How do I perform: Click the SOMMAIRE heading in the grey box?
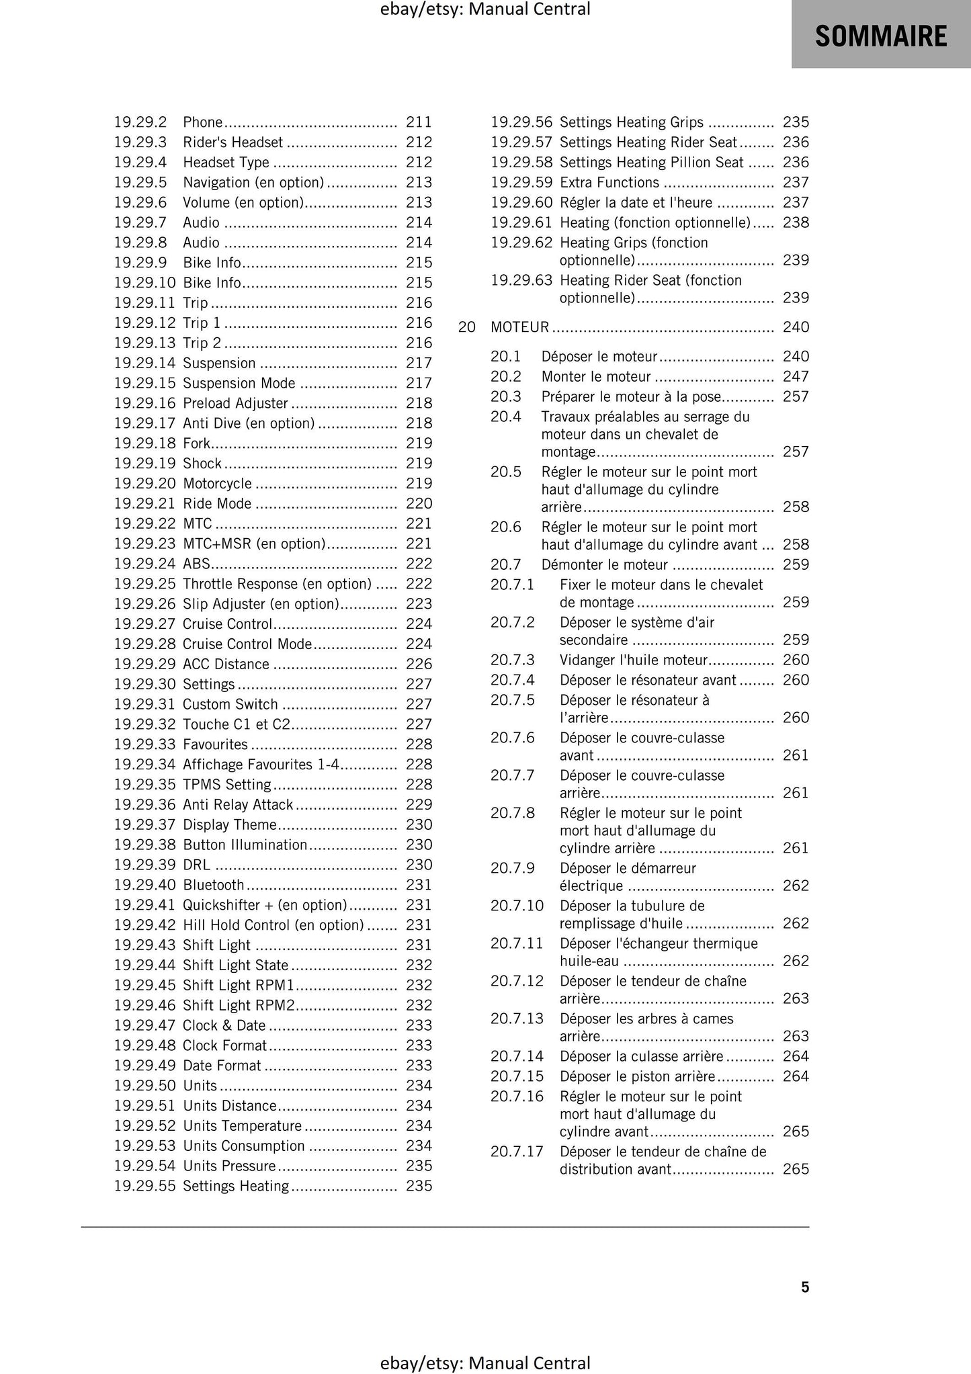tap(880, 35)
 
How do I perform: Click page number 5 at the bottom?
tap(805, 1287)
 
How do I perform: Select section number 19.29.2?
tap(140, 122)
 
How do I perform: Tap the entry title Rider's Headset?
tap(233, 142)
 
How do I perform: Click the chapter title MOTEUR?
tap(519, 327)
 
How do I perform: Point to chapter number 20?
tap(466, 327)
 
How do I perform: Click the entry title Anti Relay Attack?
tap(238, 804)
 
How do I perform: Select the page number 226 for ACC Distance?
tap(419, 664)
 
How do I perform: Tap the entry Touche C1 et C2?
tap(237, 724)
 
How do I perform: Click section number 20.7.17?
tap(516, 1152)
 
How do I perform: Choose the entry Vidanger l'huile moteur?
tap(634, 660)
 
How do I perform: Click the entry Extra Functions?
tap(609, 183)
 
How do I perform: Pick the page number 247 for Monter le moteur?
tap(796, 376)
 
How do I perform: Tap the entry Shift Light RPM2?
tap(239, 1005)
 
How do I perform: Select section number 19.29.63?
tap(521, 280)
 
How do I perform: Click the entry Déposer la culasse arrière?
tap(641, 1056)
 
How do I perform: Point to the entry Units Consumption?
tap(243, 1146)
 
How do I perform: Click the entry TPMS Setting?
tap(226, 785)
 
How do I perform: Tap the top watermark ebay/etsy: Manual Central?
tap(485, 9)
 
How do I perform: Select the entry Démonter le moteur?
tap(604, 564)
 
